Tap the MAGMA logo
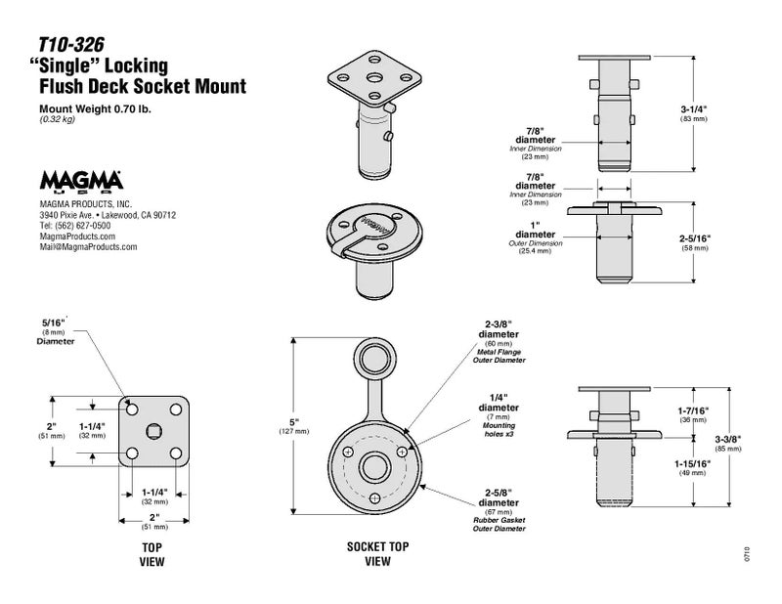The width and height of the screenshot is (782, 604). coord(80,182)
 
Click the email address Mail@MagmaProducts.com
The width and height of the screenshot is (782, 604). coord(88,247)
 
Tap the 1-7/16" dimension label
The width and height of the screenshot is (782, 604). coord(693,413)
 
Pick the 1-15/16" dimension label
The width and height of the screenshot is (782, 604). coord(693,467)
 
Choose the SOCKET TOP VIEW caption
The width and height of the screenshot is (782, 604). coord(377,554)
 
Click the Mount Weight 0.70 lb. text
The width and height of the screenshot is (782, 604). coord(95,108)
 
